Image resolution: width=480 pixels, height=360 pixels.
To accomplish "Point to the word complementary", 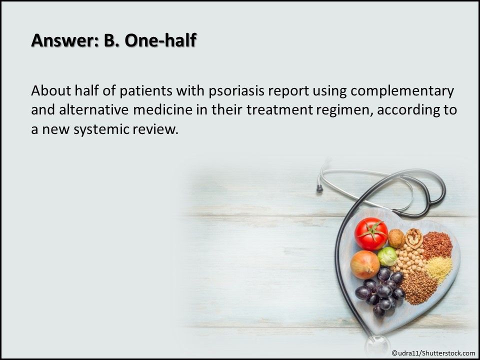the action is (402, 91).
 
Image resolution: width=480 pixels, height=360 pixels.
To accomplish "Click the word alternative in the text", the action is (93, 110).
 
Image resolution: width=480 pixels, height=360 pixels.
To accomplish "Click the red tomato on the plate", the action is (371, 233).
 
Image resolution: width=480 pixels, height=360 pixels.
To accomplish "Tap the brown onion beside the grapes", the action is (365, 265).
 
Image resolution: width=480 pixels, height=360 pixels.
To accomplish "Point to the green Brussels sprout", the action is (387, 256).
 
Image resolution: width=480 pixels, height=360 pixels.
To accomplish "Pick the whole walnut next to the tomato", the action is (396, 238).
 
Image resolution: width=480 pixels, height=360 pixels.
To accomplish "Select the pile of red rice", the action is (437, 245).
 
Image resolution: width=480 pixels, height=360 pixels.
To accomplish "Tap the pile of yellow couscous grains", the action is (438, 269).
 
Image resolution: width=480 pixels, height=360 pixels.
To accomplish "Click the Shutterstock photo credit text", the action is (433, 353).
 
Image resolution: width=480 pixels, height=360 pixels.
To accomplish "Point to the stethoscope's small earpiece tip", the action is (319, 188).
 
